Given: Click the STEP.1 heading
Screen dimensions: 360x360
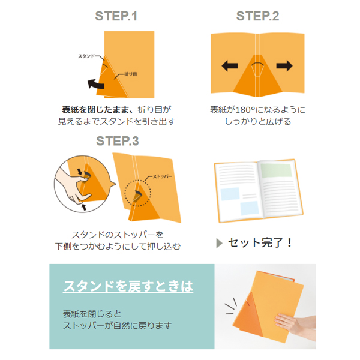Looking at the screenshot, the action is click(x=116, y=16).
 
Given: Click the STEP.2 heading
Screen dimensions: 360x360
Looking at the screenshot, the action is click(x=257, y=16).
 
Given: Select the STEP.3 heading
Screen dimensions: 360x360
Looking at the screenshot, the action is click(x=118, y=141).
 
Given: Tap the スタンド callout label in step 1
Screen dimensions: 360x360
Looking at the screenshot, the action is click(x=86, y=56).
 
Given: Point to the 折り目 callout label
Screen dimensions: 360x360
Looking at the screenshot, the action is click(x=131, y=74).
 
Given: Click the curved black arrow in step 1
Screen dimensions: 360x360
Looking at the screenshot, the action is click(x=95, y=84).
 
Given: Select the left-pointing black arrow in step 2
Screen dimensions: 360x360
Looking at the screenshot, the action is click(x=230, y=66).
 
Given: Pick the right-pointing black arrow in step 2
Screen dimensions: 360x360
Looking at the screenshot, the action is click(x=284, y=66).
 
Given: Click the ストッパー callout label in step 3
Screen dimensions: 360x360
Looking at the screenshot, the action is click(x=163, y=176).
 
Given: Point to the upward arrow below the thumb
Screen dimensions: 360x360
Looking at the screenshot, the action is click(x=84, y=207).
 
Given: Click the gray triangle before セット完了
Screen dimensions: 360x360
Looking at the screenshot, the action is click(x=219, y=243).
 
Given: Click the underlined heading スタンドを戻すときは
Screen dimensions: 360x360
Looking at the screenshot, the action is click(x=128, y=286).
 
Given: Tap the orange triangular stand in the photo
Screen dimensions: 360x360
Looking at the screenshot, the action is click(x=248, y=314).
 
